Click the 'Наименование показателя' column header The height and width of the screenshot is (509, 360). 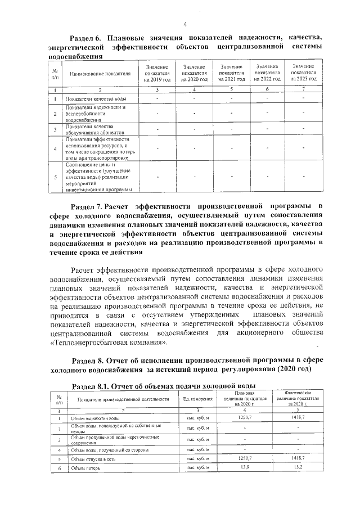click(x=100, y=73)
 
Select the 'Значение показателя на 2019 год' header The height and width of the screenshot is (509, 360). click(x=157, y=73)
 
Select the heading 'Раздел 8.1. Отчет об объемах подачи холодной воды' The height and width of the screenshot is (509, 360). click(x=164, y=385)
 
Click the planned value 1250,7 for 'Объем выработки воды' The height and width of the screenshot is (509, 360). click(x=245, y=418)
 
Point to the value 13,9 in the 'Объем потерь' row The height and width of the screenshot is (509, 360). click(x=245, y=468)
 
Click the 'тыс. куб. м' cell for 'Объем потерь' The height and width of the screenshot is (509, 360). click(x=198, y=468)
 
